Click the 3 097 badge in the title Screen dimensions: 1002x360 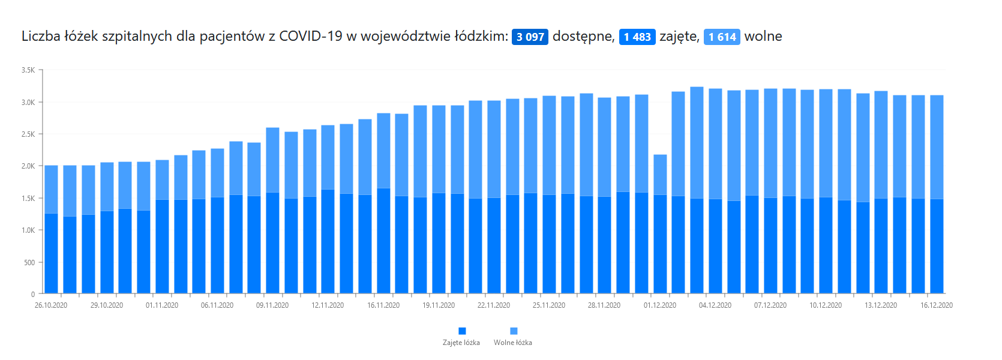[x=530, y=37]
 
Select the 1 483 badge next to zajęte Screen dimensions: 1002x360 [x=637, y=37]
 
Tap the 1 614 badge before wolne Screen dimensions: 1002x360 [x=722, y=37]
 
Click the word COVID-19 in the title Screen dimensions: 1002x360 [x=310, y=36]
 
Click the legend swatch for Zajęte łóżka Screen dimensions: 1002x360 [x=462, y=331]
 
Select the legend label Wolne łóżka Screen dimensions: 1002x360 [x=512, y=343]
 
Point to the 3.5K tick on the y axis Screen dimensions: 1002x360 [x=28, y=70]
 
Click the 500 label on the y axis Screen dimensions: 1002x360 [x=29, y=263]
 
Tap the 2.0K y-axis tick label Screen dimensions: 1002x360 [x=28, y=166]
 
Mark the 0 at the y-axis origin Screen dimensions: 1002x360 [x=32, y=294]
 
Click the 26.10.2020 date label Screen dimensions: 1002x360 [x=51, y=305]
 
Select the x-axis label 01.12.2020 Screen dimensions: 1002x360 [x=660, y=305]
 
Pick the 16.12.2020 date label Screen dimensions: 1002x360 [x=936, y=305]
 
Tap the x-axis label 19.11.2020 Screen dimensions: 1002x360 [x=439, y=305]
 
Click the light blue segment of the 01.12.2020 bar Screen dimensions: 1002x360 [x=660, y=175]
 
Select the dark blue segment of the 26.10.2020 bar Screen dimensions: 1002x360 [x=52, y=254]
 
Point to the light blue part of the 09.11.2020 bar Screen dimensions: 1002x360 [x=272, y=160]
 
